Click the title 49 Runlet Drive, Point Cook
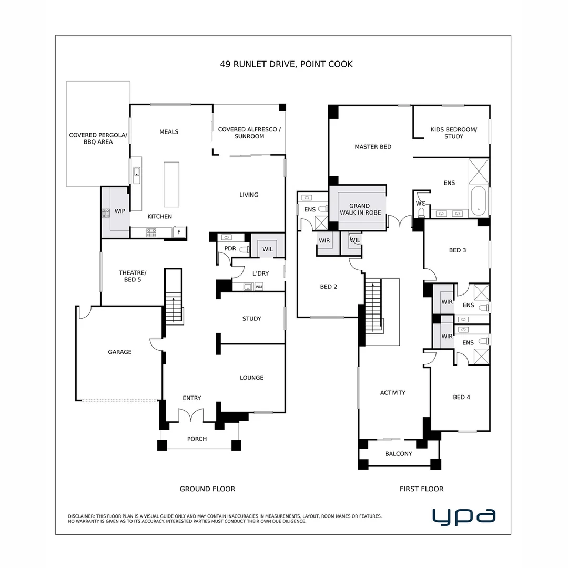[286, 64]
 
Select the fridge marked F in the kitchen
[179, 232]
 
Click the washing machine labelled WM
[259, 287]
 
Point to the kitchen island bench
[171, 185]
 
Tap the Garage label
[120, 352]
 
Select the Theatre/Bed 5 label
[133, 276]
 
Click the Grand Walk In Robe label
[359, 209]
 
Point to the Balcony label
[398, 453]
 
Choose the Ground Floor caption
[207, 489]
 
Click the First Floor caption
[421, 489]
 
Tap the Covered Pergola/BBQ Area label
[98, 138]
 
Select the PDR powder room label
[230, 248]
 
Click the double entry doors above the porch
[190, 415]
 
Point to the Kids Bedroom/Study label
[453, 133]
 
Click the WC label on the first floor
[420, 203]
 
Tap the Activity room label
[393, 392]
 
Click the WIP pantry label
[120, 211]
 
